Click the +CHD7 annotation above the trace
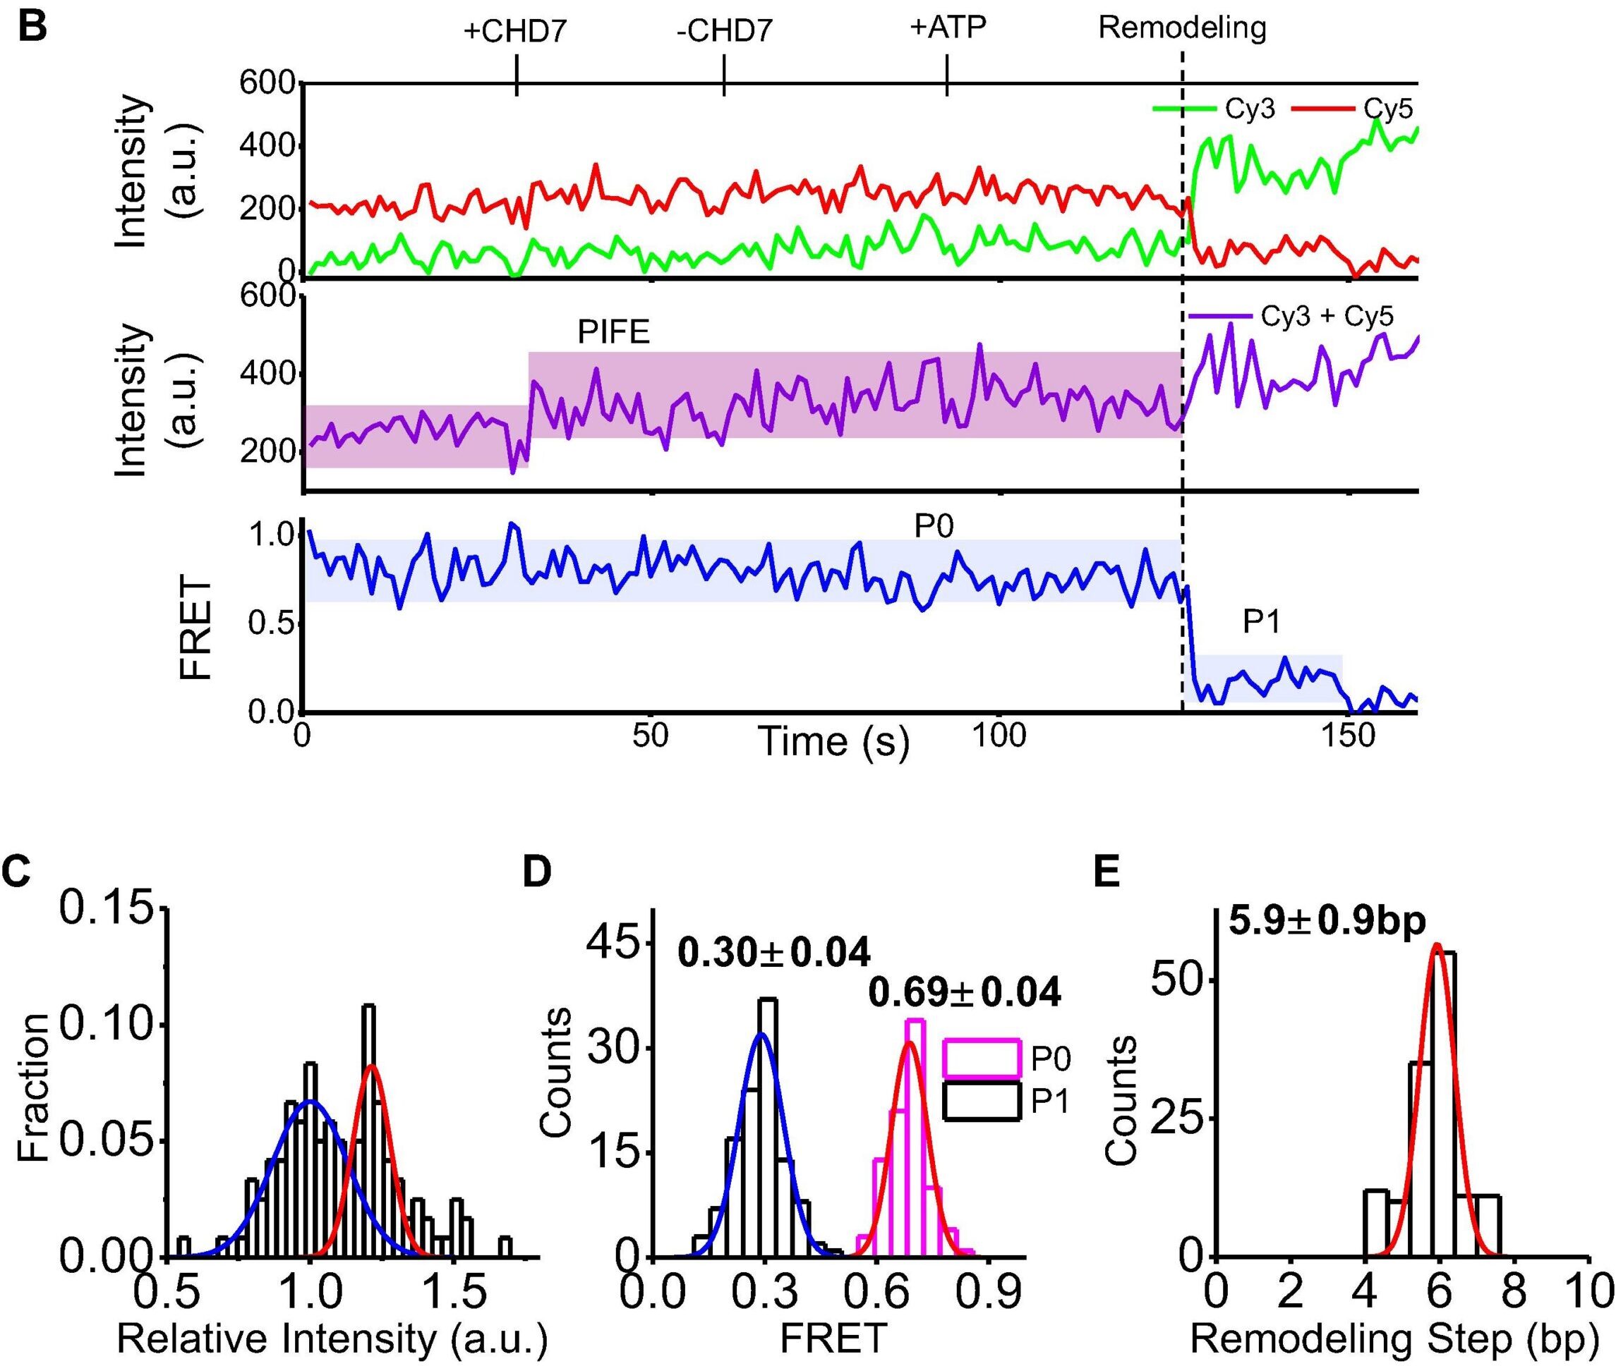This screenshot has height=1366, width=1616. pyautogui.click(x=515, y=32)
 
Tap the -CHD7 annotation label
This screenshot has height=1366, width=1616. pyautogui.click(x=723, y=32)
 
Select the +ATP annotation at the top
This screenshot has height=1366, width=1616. pyautogui.click(x=948, y=28)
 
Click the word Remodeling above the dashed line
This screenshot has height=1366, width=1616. pyautogui.click(x=1182, y=29)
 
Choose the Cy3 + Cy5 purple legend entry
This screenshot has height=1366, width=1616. pyautogui.click(x=1291, y=316)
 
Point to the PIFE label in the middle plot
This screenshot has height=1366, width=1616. pyautogui.click(x=613, y=332)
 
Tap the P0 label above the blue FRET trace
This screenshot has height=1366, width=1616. pyautogui.click(x=934, y=527)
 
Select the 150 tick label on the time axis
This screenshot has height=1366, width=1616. pyautogui.click(x=1349, y=735)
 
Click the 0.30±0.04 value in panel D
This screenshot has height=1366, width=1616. pyautogui.click(x=774, y=953)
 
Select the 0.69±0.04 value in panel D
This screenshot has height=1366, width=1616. pyautogui.click(x=964, y=993)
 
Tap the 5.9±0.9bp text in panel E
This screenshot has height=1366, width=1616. pyautogui.click(x=1327, y=923)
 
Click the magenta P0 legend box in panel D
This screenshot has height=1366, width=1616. pyautogui.click(x=981, y=1057)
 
